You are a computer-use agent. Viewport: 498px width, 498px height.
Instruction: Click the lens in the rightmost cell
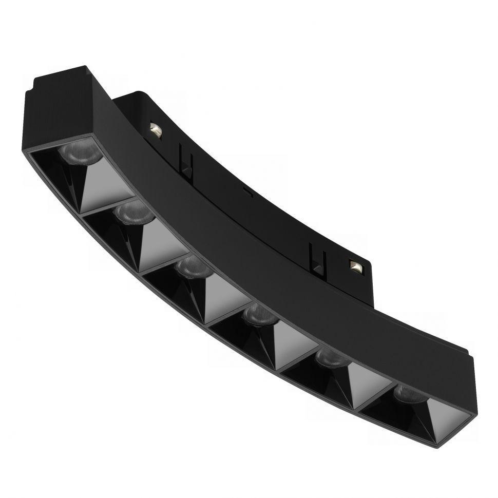click(408, 394)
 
